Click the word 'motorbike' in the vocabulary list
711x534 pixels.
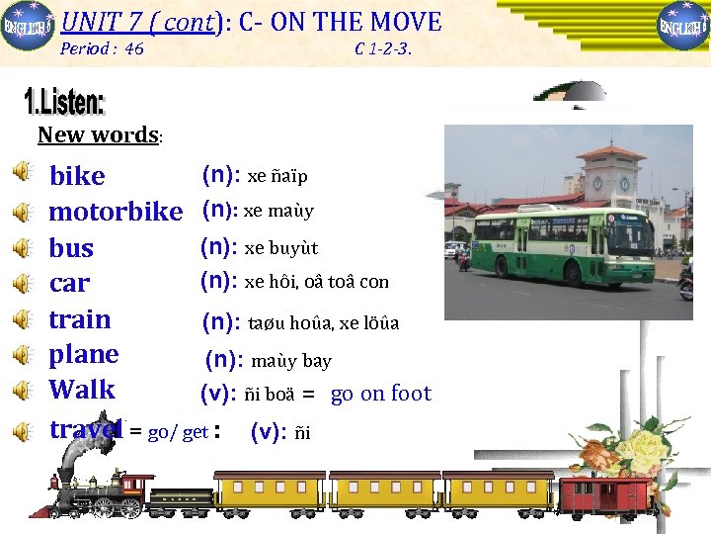click(x=116, y=211)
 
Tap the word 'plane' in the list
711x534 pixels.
click(x=84, y=354)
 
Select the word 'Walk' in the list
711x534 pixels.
click(x=82, y=390)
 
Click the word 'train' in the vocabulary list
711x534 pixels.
click(x=80, y=319)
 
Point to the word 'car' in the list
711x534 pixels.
click(x=69, y=284)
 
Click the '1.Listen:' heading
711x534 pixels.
click(x=63, y=102)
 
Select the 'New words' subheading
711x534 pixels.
click(x=98, y=134)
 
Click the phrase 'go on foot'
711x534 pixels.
click(x=380, y=394)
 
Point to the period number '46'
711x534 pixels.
click(x=134, y=48)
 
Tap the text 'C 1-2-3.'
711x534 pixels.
click(x=382, y=48)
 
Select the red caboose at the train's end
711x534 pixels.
click(x=605, y=489)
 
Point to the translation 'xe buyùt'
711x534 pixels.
click(x=280, y=248)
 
